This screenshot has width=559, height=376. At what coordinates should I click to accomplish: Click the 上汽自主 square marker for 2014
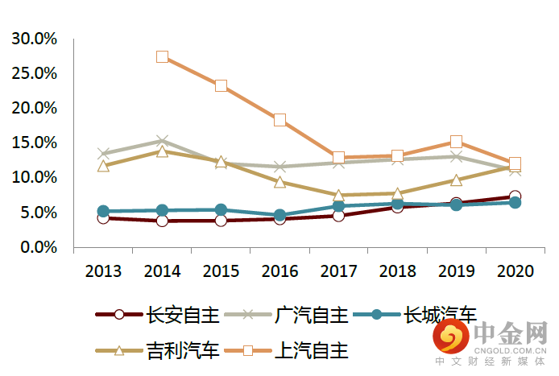(x=162, y=56)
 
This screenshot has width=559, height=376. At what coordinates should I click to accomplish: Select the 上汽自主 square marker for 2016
(x=279, y=120)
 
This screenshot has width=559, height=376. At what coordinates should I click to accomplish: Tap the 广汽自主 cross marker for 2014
(x=162, y=141)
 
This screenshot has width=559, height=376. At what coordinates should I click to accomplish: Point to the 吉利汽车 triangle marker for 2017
(x=338, y=195)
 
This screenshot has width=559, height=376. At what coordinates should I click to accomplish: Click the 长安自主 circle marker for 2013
(x=103, y=217)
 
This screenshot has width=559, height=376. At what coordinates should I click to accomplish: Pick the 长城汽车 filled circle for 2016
(x=279, y=216)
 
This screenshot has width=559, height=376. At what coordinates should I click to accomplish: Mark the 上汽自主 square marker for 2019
(x=456, y=143)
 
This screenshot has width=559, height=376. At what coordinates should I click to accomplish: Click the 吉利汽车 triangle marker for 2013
(x=103, y=166)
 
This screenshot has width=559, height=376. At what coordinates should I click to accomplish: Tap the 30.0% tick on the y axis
(x=34, y=39)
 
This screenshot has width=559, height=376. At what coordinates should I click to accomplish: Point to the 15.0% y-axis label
(x=34, y=143)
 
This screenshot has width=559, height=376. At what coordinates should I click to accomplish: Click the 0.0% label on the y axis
(x=37, y=247)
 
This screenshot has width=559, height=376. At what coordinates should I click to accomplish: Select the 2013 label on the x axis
(x=103, y=271)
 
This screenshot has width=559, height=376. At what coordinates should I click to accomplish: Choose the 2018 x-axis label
(x=397, y=271)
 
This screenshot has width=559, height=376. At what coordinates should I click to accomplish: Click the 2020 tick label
(x=515, y=271)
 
